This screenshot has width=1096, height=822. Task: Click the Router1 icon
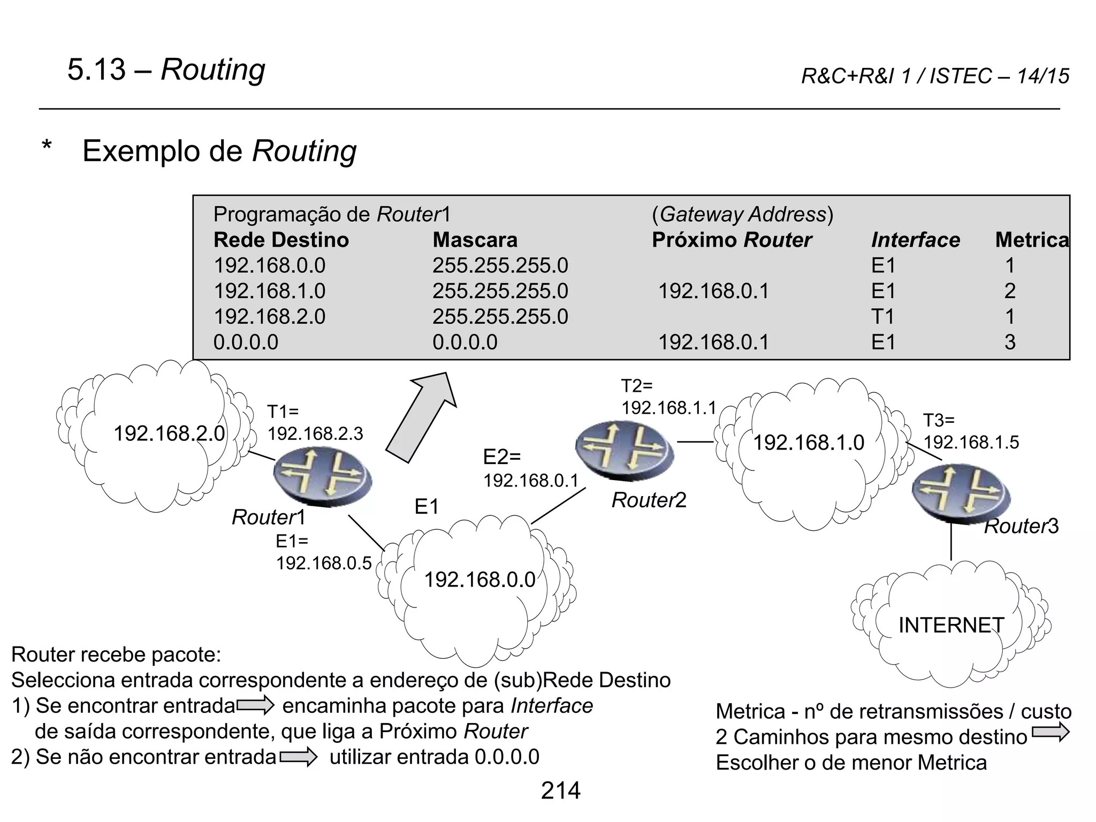322,477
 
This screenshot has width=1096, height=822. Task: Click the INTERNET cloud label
951,625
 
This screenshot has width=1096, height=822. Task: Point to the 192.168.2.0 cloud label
169,433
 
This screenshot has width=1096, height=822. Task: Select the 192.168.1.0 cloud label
808,443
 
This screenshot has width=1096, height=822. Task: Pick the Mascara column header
475,240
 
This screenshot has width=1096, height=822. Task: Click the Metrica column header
1032,240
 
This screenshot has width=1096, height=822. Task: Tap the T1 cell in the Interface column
883,317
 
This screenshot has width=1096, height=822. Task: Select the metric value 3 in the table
1010,342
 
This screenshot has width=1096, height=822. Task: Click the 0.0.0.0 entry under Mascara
465,342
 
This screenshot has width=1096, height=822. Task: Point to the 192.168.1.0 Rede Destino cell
269,291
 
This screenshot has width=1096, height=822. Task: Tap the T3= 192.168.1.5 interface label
971,431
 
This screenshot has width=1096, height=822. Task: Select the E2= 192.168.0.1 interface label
530,468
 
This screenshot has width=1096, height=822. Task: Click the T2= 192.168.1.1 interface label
668,397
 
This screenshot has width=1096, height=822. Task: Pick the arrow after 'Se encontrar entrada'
255,706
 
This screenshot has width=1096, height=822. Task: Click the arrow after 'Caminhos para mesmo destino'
1050,733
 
